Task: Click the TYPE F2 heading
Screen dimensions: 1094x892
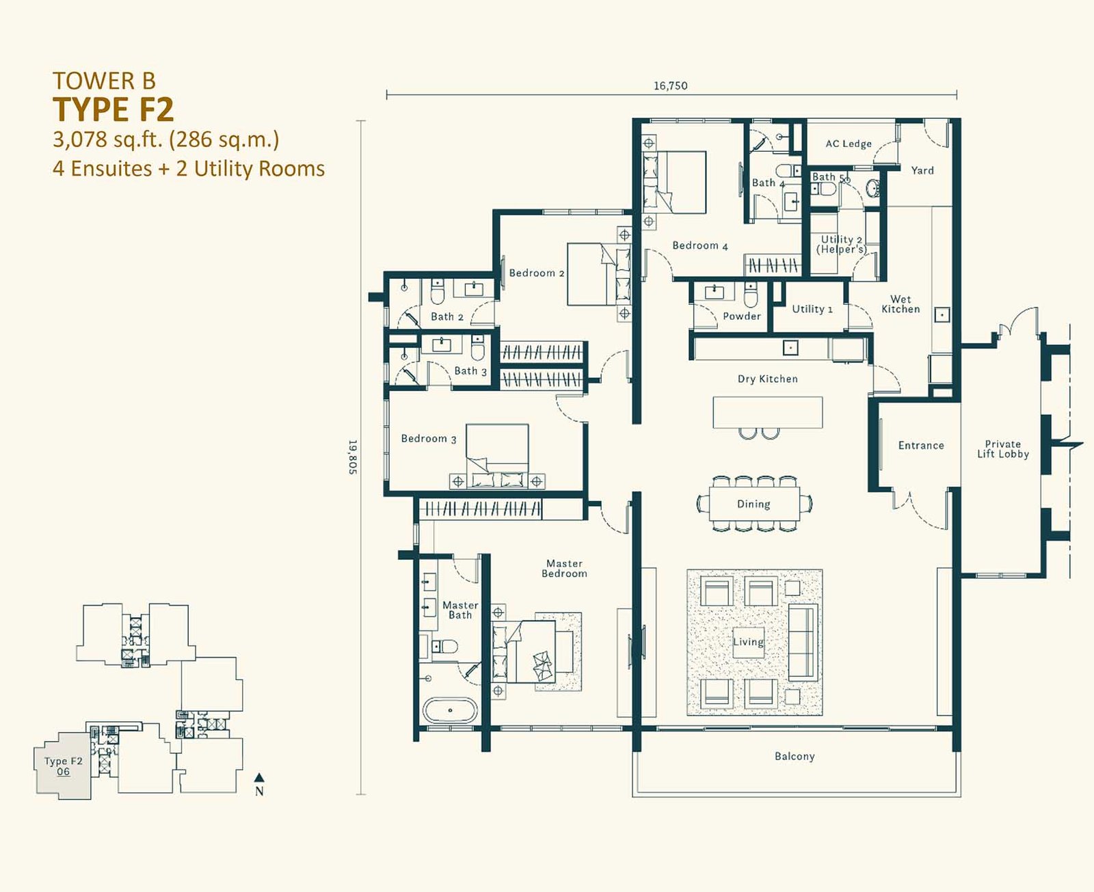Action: click(113, 109)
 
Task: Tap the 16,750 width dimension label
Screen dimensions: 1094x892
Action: click(670, 85)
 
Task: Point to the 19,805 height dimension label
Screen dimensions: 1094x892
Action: click(353, 457)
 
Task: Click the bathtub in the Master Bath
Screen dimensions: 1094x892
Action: click(450, 710)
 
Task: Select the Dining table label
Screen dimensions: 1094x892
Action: click(753, 504)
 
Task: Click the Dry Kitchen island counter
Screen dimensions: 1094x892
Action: click(768, 412)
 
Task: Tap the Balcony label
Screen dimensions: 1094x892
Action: click(795, 756)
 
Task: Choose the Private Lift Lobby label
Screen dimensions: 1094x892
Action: click(1002, 449)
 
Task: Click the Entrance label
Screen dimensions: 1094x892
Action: click(921, 445)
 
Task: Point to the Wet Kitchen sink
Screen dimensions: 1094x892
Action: click(942, 314)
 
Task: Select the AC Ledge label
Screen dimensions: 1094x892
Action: click(849, 144)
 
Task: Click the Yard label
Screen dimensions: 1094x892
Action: click(922, 170)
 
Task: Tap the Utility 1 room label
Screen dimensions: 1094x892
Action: click(812, 309)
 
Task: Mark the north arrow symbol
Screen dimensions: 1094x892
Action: click(259, 777)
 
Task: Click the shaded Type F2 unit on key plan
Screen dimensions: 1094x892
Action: click(62, 766)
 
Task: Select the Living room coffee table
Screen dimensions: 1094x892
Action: click(748, 642)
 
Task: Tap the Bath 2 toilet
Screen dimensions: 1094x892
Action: click(438, 292)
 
